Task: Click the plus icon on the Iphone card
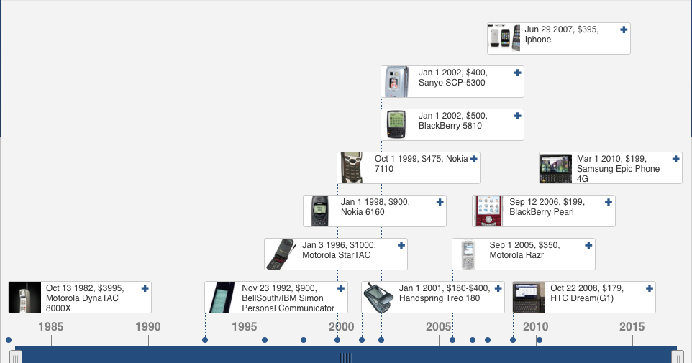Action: [624, 29]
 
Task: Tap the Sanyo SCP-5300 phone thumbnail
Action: [394, 82]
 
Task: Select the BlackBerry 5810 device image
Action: [396, 125]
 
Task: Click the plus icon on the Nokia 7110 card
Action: [473, 159]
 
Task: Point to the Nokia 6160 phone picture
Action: [320, 211]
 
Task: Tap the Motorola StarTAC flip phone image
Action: [281, 254]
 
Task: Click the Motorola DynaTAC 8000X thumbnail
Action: [24, 298]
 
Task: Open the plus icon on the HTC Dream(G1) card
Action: [649, 288]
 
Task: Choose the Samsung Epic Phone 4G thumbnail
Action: [555, 168]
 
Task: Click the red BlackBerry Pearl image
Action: [488, 211]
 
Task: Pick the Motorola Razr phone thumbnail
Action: [468, 254]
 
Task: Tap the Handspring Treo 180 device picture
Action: [378, 298]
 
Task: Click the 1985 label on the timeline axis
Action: [51, 327]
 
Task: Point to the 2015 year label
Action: [632, 327]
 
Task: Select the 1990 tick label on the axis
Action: [148, 327]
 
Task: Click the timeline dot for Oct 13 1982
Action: [9, 340]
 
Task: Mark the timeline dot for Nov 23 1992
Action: [205, 340]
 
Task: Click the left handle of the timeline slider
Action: [15, 357]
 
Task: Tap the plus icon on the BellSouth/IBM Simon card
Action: [341, 288]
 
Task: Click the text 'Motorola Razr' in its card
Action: [516, 255]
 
